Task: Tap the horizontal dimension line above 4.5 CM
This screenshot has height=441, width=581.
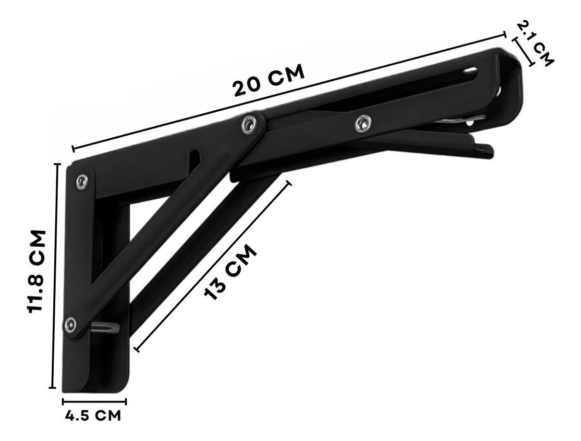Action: pos(94,400)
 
